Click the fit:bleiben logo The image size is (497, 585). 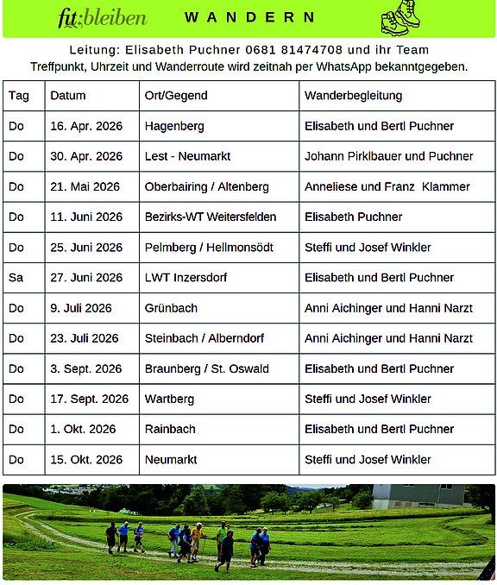pyautogui.click(x=103, y=17)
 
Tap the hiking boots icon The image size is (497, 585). pyautogui.click(x=400, y=17)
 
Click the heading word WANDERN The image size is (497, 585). pyautogui.click(x=250, y=17)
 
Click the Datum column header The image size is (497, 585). pyautogui.click(x=68, y=96)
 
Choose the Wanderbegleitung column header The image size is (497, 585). pyautogui.click(x=353, y=96)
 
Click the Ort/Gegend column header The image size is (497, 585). pyautogui.click(x=176, y=96)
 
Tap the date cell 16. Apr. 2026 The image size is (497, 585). pyautogui.click(x=86, y=126)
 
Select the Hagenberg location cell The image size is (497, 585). pyautogui.click(x=174, y=126)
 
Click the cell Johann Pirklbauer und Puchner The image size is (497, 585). pyautogui.click(x=388, y=156)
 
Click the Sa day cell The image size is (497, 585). pyautogui.click(x=16, y=277)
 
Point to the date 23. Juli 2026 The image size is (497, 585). pyautogui.click(x=85, y=338)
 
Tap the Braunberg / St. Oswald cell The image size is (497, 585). pyautogui.click(x=207, y=368)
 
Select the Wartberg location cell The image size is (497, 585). pyautogui.click(x=169, y=399)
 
